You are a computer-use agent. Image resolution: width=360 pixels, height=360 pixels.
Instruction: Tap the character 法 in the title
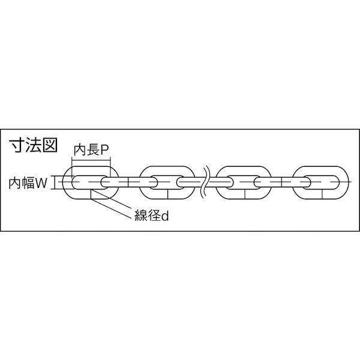[x=32, y=145]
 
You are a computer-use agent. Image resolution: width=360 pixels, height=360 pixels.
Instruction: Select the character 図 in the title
[x=50, y=145]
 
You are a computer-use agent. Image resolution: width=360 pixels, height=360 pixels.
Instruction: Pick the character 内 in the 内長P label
[x=80, y=151]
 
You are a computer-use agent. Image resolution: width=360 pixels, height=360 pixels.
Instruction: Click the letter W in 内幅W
[x=41, y=184]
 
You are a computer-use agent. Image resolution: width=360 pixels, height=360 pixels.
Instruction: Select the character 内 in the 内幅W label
[x=14, y=184]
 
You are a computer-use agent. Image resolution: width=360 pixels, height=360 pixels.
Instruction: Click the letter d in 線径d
[x=165, y=216]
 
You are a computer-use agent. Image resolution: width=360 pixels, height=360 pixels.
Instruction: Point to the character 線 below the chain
[x=140, y=215]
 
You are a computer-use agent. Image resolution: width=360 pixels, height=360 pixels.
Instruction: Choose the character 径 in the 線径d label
[x=154, y=215]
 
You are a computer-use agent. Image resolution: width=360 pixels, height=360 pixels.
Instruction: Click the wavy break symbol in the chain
[x=205, y=183]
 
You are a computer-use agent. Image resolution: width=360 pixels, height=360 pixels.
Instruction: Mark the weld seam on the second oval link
[x=168, y=194]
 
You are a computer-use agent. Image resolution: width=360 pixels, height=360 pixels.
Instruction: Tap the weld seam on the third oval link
[x=245, y=194]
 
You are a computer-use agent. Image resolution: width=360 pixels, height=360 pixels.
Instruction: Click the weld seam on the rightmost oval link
[x=322, y=194]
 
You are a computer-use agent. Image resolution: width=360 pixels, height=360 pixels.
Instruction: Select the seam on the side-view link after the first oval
[x=128, y=182]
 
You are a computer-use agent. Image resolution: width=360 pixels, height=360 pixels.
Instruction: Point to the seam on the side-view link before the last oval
[x=281, y=182]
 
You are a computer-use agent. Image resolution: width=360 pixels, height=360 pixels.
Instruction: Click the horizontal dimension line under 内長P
[x=91, y=160]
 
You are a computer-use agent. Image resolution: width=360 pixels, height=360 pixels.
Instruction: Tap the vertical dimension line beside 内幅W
[x=55, y=182]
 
